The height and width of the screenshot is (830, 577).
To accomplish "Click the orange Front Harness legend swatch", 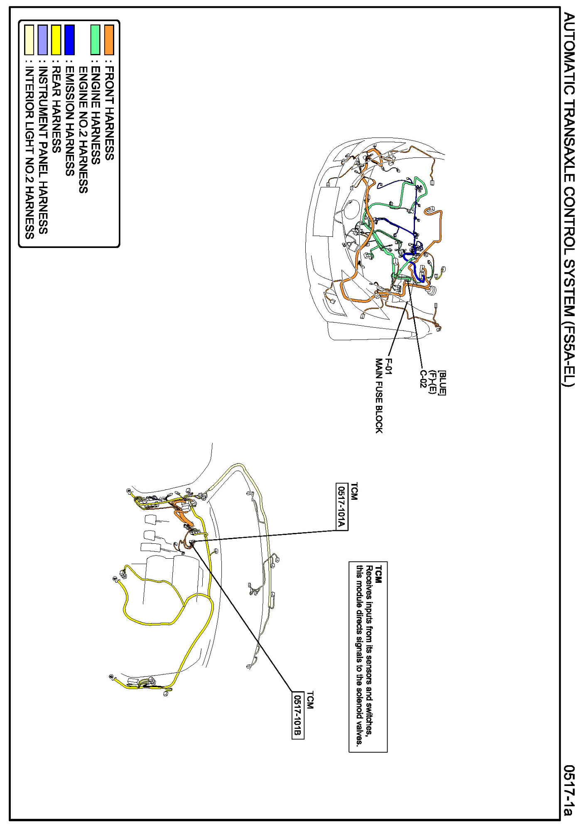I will click(x=109, y=40).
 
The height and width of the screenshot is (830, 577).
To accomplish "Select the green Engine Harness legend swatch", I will click(x=96, y=40).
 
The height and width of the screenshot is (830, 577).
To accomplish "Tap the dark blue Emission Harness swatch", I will click(x=69, y=40).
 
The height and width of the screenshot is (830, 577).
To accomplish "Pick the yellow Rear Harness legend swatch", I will click(x=56, y=40).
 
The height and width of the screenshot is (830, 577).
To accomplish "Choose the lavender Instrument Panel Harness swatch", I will click(x=43, y=40).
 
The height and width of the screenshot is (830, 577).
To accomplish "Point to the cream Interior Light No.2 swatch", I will click(x=29, y=40).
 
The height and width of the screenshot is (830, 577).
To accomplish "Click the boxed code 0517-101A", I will click(x=341, y=507).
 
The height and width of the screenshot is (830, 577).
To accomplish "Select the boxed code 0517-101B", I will click(x=298, y=715).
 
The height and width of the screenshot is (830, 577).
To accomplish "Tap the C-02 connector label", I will click(x=423, y=378).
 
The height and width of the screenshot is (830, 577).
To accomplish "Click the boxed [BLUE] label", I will click(x=442, y=383).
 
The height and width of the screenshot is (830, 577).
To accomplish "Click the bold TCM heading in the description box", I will click(x=378, y=574).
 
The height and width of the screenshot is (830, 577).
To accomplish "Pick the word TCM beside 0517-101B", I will click(x=310, y=700).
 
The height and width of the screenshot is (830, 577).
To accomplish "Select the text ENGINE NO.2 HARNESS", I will click(x=83, y=130).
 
